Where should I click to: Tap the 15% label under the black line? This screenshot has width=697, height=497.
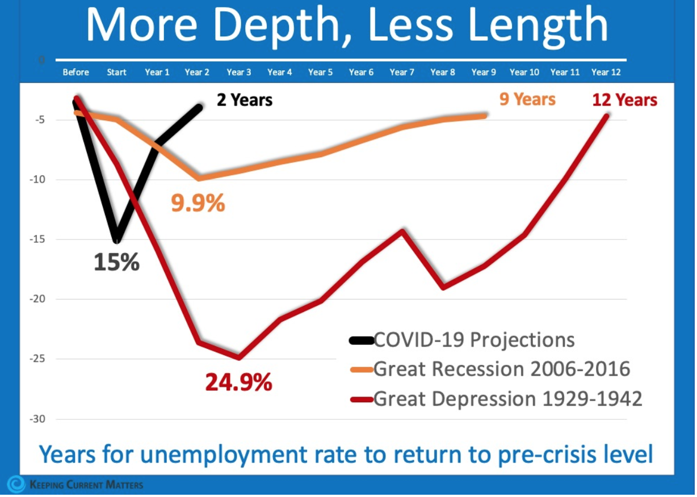point(117,262)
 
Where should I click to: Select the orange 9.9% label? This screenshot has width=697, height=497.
point(198,203)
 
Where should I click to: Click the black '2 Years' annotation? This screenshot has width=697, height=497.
point(245,100)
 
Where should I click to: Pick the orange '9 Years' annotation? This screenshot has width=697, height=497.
point(527,99)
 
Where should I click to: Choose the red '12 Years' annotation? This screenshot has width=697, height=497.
point(624,100)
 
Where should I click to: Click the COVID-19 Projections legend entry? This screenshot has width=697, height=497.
point(473,340)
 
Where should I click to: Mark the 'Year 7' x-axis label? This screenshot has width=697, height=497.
point(402,73)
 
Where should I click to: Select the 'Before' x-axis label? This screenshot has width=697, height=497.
point(76,73)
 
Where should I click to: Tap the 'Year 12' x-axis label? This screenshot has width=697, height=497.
point(606,73)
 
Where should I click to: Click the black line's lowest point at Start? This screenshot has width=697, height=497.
point(116,241)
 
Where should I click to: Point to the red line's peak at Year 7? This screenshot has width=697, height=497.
point(402,230)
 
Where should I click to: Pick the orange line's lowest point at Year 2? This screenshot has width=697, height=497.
point(198,178)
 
